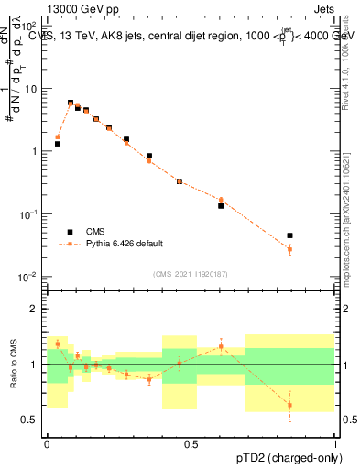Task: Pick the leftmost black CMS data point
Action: coord(57,144)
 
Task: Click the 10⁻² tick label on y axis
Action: coord(29,277)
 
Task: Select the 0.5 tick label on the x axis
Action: coord(191,444)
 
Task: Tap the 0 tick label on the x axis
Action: coord(47,444)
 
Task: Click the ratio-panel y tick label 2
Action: coord(36,309)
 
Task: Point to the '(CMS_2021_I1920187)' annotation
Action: coord(191,274)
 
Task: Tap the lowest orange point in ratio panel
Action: coord(289,405)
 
